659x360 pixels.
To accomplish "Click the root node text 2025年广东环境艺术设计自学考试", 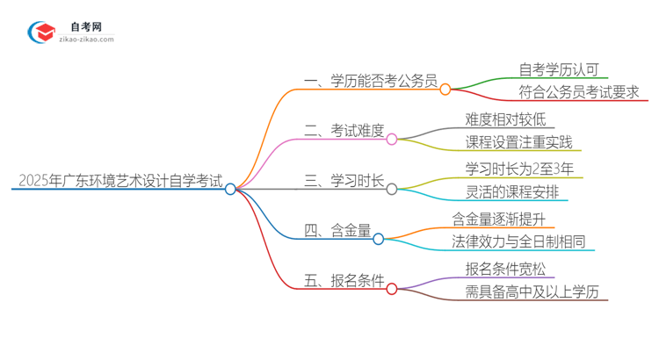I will coord(119,182).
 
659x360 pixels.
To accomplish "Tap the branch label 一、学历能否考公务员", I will coord(369,82).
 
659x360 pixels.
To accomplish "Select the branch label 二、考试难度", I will coord(344,132).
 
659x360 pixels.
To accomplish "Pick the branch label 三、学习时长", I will coord(344,182).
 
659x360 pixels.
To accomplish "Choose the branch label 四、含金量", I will coord(337,232).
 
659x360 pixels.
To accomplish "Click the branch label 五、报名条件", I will coord(344,282).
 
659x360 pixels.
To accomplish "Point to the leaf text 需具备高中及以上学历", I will coord(532,292).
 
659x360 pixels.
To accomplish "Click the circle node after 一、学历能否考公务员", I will coord(445,89).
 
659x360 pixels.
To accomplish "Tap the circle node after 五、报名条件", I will coord(392,288).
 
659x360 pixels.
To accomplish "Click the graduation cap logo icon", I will coord(43,33).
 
